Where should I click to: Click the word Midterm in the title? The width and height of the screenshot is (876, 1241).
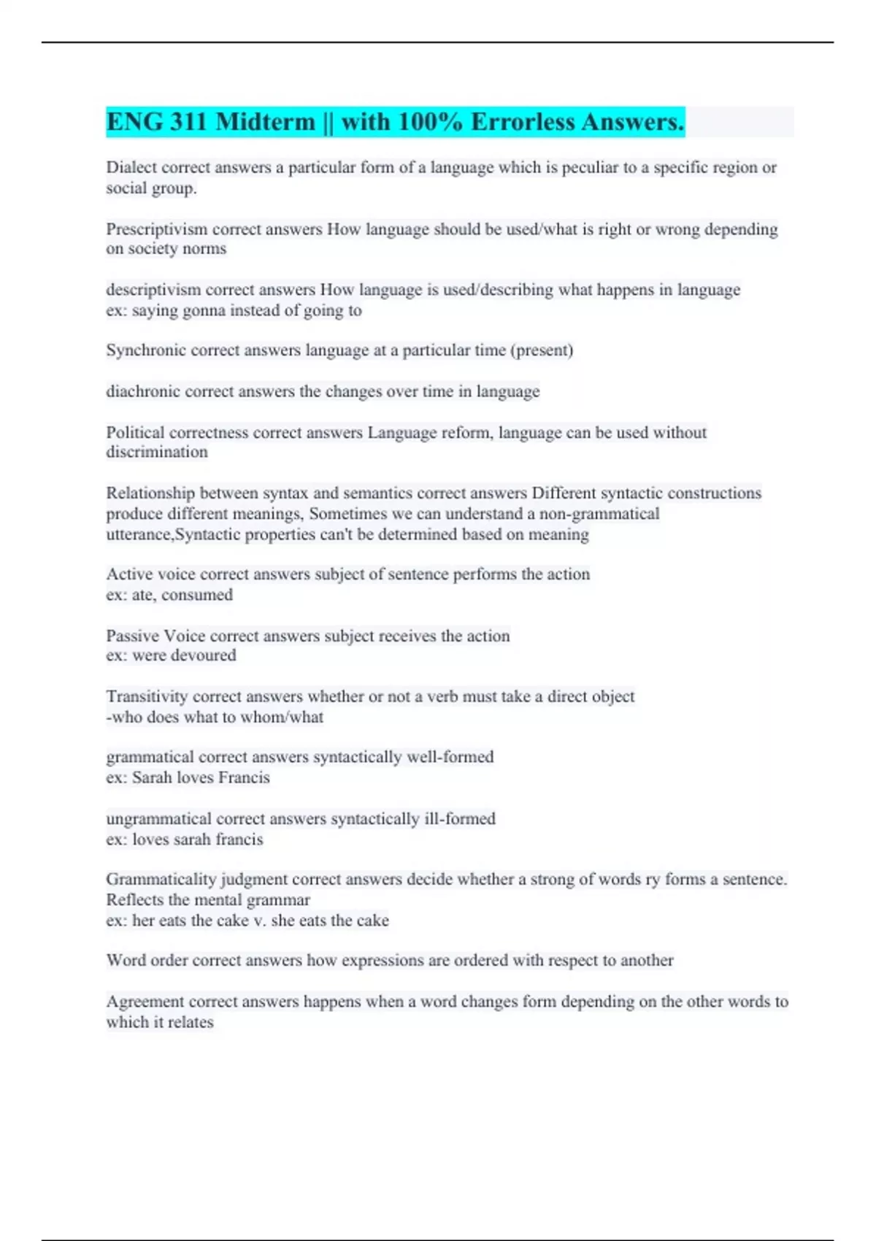pos(265,122)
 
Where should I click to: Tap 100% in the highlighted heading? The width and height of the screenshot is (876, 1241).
pos(431,122)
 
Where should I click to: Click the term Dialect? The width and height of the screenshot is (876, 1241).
pos(131,167)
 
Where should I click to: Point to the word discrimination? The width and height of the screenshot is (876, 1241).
pos(157,452)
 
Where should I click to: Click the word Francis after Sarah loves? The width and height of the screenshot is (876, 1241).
pos(244,777)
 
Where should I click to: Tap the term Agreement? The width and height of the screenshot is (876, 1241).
pos(145,1002)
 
